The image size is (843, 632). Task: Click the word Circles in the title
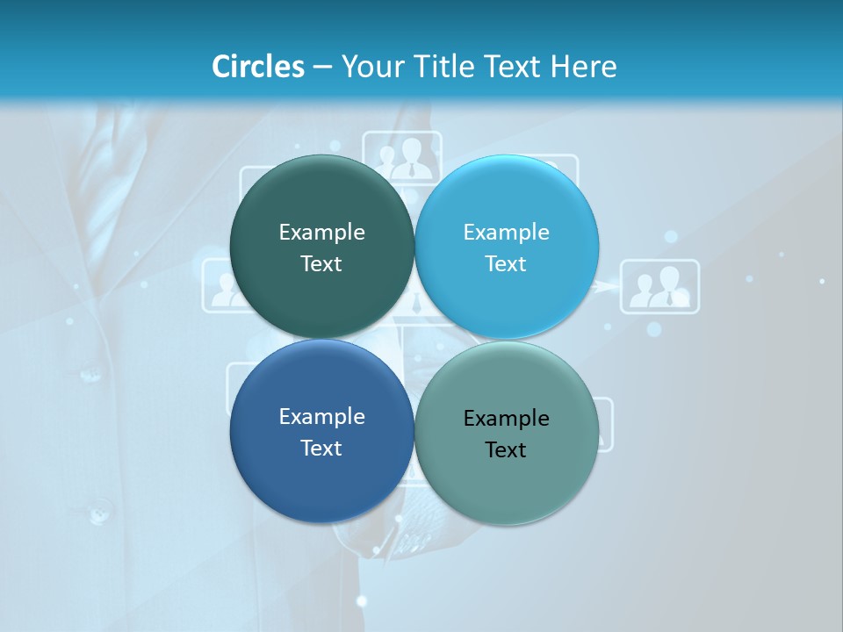[257, 67]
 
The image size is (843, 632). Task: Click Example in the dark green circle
[321, 232]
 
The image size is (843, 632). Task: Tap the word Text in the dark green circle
[321, 263]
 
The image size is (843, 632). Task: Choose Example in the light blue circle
[506, 232]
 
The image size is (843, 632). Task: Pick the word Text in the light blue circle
[506, 263]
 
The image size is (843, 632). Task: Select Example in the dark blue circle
[321, 416]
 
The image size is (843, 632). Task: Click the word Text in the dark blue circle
[321, 448]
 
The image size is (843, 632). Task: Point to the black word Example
[506, 418]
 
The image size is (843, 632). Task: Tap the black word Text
[506, 449]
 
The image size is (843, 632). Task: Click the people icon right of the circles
[659, 286]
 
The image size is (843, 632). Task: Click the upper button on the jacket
[90, 375]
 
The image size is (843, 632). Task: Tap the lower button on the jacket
[98, 509]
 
